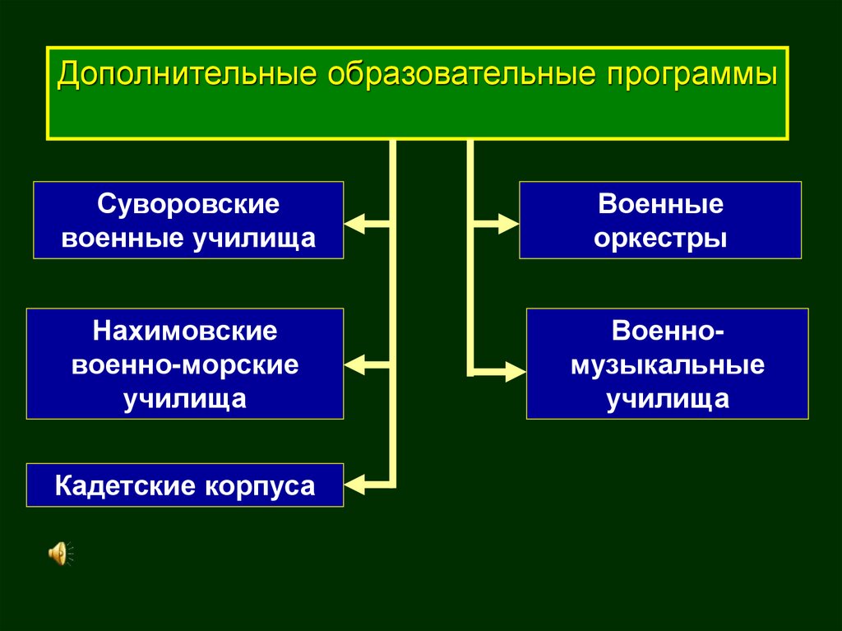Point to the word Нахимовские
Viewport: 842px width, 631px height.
point(185,332)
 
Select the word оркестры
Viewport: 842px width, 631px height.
point(661,239)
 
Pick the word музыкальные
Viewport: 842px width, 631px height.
point(668,365)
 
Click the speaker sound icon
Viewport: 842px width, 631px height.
point(60,554)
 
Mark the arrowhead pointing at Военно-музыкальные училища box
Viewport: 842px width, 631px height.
point(514,371)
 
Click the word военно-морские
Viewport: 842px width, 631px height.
point(185,365)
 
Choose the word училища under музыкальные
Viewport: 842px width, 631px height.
point(668,399)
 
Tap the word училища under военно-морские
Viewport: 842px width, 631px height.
point(185,399)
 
